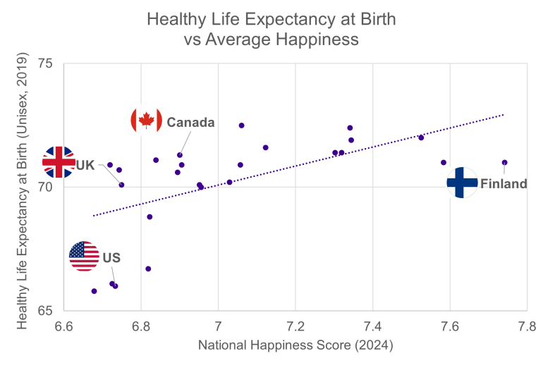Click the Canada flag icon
coord(147,120)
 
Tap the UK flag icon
coord(59,162)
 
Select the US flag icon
coord(85,256)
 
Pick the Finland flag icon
coord(463,183)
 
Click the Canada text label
coord(190,123)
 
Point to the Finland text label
coord(504,184)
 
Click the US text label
coord(111,258)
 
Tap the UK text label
coord(85,165)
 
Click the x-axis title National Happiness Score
coord(295,346)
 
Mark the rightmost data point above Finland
coord(505,163)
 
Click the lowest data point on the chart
coord(94,291)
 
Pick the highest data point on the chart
coord(241,125)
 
